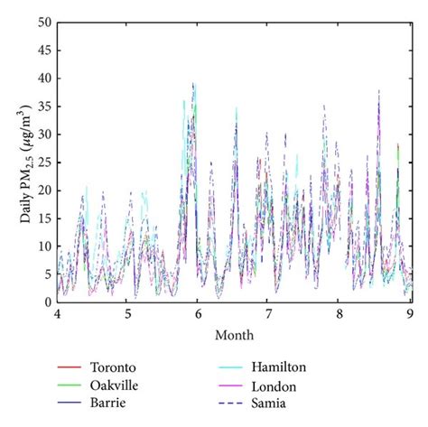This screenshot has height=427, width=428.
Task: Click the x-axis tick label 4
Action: [x=57, y=317]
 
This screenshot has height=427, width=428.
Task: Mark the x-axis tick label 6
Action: [x=198, y=317]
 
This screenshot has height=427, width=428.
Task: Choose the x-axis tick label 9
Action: [x=410, y=317]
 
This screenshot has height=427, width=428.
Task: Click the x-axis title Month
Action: [x=233, y=335]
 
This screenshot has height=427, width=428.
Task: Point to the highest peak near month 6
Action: [x=193, y=84]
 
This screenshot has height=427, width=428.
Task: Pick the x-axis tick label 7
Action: [x=268, y=317]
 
